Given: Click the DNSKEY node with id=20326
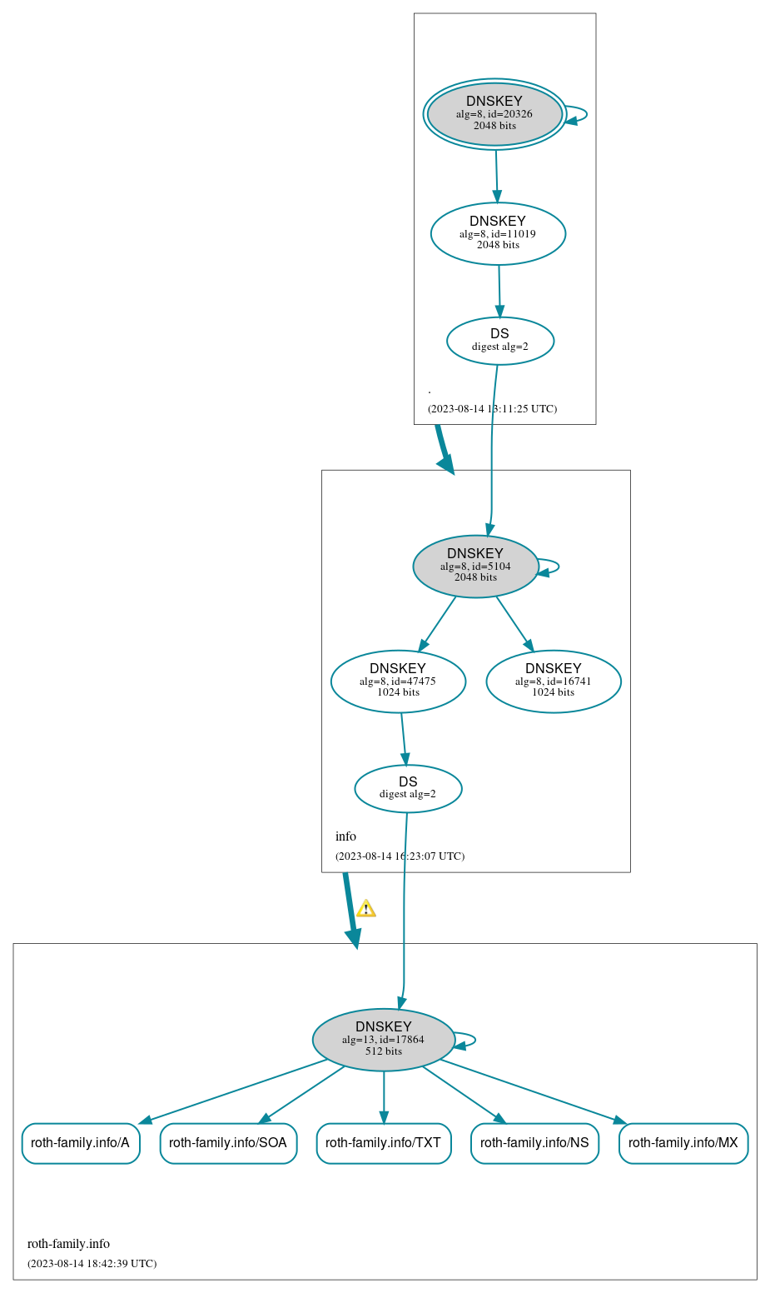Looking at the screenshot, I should pos(494,114).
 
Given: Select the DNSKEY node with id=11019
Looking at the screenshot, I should pos(498,234).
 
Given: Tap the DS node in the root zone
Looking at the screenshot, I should pos(499,341).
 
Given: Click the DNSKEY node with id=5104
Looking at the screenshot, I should pos(475,567).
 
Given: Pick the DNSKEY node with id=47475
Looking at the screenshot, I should pos(398,681).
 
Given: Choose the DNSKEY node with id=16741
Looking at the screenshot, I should pos(554,681).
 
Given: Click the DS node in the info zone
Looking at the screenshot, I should pos(408,788).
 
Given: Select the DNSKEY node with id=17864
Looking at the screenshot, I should pos(384,1040).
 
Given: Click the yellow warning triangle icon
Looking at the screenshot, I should pos(365,909).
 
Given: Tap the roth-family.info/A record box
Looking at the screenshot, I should pos(81,1143).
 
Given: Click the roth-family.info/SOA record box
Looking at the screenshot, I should pos(228,1143).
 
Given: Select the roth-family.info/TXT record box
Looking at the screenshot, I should pos(384,1143).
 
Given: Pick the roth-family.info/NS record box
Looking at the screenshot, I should pos(534,1143).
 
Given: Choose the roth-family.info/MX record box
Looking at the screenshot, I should pos(683,1143).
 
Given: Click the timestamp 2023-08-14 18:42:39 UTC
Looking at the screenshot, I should pos(92,1264).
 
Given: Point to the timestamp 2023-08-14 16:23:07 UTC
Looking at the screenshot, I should pos(400,856).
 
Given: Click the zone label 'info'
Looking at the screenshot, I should pos(345,836).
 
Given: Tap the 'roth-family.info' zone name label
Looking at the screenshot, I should pos(68,1244).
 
